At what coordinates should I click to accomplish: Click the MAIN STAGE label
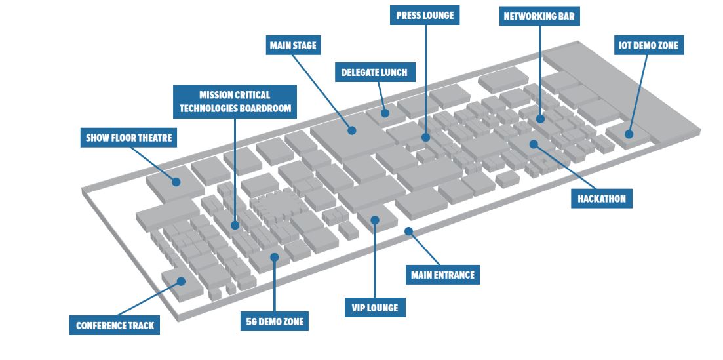[292, 46]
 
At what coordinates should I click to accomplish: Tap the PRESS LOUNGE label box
[424, 15]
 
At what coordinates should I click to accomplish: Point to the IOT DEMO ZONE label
[648, 46]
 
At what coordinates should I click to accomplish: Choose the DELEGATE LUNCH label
[374, 72]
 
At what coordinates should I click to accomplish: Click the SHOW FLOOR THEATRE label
[128, 138]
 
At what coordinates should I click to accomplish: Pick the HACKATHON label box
[602, 198]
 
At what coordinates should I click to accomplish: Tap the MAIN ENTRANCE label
[442, 275]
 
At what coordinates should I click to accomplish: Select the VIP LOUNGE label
[375, 308]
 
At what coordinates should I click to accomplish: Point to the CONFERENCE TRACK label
[115, 325]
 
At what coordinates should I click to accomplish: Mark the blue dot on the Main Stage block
[352, 130]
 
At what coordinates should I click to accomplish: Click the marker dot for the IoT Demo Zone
[628, 134]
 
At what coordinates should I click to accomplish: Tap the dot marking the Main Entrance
[408, 231]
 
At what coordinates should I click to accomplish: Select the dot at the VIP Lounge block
[375, 220]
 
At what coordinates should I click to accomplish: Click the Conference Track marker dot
[181, 281]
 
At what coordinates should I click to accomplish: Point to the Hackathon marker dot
[534, 144]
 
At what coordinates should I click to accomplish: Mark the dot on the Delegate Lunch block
[384, 113]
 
